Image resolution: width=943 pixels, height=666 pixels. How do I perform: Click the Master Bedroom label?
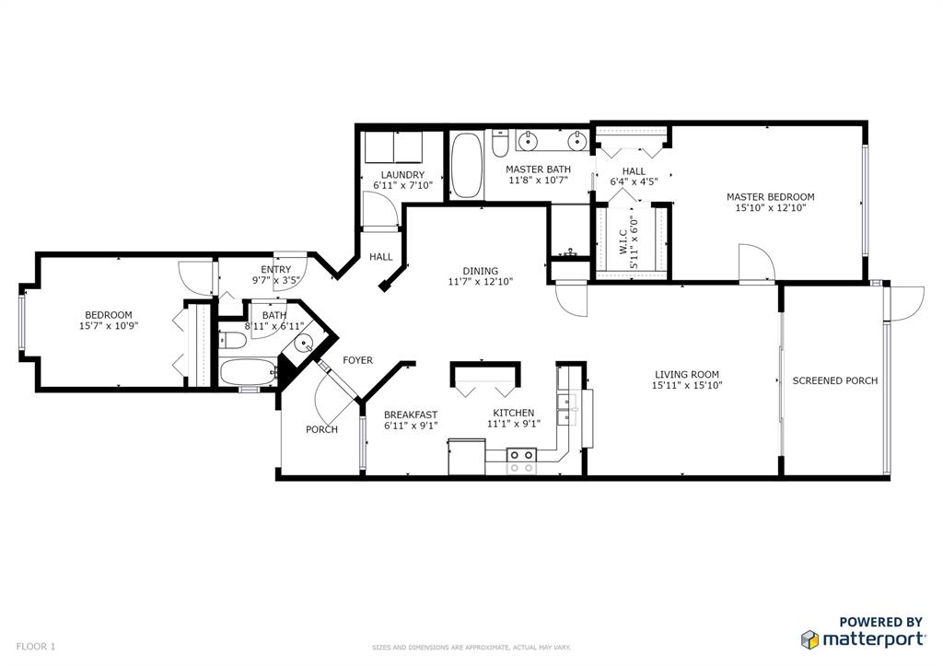click(771, 197)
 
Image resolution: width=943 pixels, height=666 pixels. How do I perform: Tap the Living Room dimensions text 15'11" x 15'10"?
click(687, 386)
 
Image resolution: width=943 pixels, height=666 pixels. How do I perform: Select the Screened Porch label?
click(834, 380)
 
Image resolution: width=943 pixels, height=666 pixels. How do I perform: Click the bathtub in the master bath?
click(467, 166)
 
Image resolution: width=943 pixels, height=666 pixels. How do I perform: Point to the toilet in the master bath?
click(500, 142)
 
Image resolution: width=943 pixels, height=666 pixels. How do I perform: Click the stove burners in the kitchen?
click(521, 461)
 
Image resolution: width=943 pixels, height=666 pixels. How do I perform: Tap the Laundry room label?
click(403, 175)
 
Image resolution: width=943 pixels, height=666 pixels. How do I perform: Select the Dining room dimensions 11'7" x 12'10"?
click(481, 281)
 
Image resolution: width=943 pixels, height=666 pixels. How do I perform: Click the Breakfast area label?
click(411, 415)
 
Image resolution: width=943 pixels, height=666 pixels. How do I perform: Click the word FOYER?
click(358, 360)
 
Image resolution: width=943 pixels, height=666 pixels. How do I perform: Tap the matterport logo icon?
click(809, 639)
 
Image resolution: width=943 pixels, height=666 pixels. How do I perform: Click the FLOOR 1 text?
click(36, 647)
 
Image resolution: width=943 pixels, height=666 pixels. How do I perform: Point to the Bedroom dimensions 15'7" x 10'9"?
click(109, 325)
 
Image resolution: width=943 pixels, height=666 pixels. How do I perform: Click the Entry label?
click(276, 270)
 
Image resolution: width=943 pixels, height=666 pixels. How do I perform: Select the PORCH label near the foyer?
click(321, 429)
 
